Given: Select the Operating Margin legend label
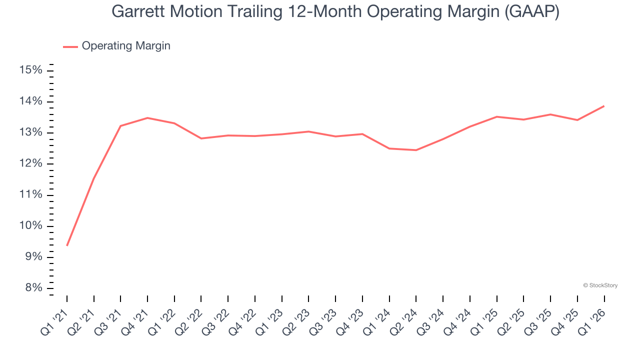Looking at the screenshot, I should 126,46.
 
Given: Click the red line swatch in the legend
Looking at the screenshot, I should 70,46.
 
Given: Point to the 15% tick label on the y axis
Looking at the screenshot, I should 30,70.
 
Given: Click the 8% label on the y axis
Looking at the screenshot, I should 33,288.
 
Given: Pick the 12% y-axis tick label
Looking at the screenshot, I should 30,164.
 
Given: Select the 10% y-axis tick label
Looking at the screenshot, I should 30,226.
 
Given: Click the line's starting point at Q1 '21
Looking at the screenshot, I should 67,245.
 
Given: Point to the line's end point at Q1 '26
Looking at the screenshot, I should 604,106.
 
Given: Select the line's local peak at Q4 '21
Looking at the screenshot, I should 147,118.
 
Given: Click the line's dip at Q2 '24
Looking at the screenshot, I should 416,150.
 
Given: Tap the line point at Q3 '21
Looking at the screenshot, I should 120,126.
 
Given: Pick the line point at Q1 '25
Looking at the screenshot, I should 496,116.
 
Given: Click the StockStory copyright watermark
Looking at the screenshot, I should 600,285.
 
